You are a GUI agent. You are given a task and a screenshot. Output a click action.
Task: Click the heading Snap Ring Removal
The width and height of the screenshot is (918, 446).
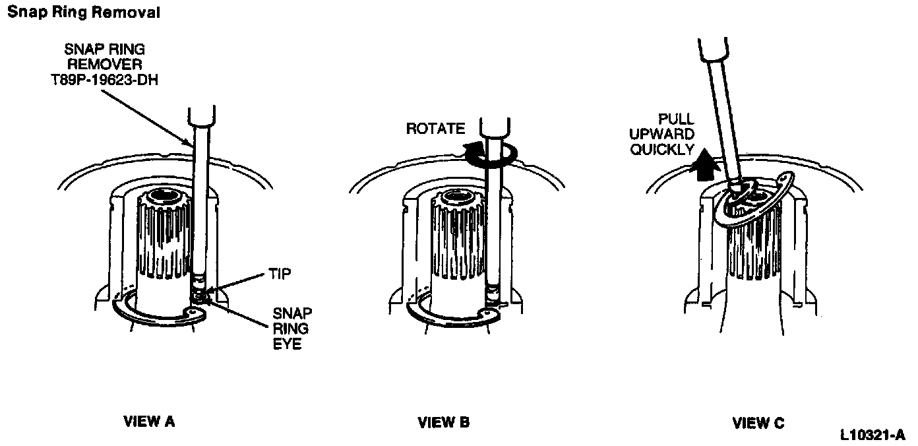83,13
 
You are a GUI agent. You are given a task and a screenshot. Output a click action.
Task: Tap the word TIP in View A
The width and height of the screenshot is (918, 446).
280,274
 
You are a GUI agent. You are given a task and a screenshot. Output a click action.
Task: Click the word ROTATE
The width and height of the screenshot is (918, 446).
436,128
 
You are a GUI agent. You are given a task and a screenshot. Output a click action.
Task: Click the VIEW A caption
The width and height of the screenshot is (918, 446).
149,422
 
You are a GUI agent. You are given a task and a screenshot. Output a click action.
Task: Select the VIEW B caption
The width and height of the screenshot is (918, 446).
444,422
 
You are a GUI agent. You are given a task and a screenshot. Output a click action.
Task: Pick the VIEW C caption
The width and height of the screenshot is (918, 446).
758,422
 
